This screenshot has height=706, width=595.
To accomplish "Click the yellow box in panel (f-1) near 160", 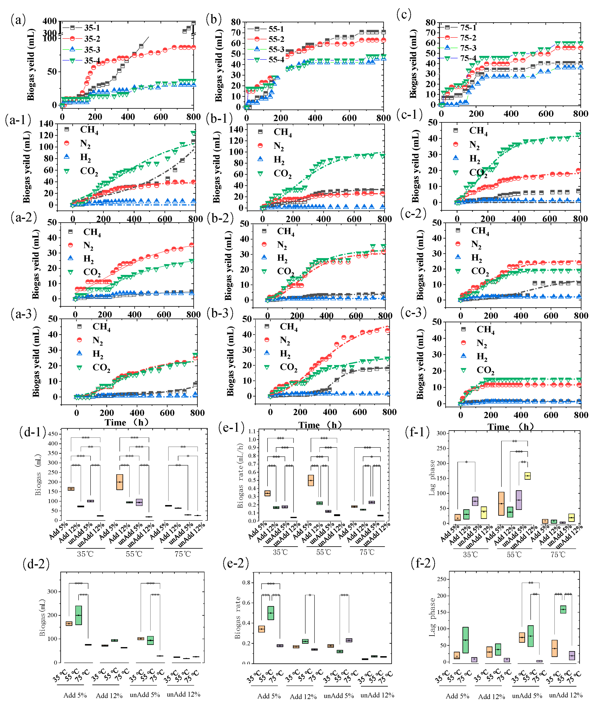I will coord(527,476).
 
